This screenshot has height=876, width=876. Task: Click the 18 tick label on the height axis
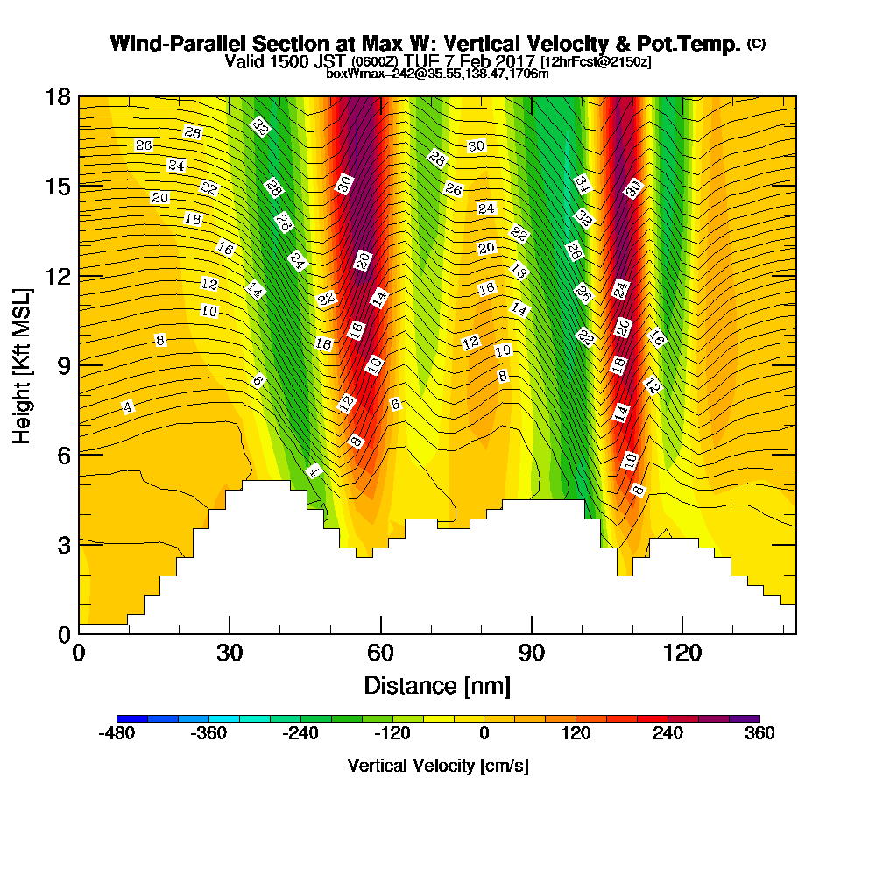pos(58,96)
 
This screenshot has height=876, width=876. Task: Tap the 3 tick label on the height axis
pos(63,545)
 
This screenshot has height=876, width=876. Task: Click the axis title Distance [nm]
pos(437,684)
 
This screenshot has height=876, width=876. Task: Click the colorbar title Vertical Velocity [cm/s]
pos(438,766)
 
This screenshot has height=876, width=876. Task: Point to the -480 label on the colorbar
pos(117,734)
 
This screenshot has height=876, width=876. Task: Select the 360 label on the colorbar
pos(759,734)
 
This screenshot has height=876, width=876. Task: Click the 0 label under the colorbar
pos(484,734)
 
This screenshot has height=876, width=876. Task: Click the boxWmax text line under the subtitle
pos(437,74)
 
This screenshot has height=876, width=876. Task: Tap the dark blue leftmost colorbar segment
pos(132,718)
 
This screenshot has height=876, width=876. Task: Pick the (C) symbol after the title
pos(756,44)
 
